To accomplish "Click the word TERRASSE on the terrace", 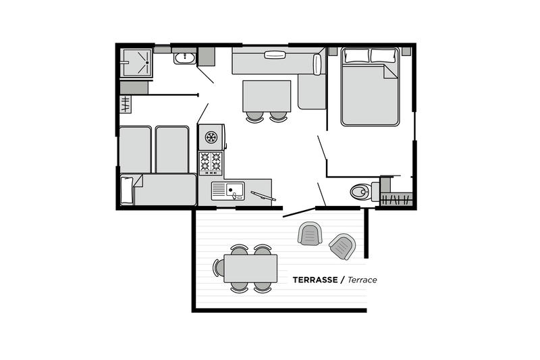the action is (315, 280).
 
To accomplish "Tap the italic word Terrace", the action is (362, 280).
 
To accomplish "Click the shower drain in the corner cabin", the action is (147, 63).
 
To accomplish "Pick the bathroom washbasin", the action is (185, 58).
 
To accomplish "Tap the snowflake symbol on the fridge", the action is (211, 138).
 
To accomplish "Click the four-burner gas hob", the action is (211, 163).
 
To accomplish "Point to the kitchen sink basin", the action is (234, 190).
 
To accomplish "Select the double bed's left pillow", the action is (356, 55).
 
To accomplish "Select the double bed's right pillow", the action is (383, 55).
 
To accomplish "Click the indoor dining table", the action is (267, 96).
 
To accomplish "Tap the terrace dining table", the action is (250, 268).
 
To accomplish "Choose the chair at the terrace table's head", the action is (218, 267).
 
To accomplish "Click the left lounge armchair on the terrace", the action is (310, 233).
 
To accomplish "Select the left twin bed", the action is (136, 149).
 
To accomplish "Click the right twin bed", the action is (172, 149).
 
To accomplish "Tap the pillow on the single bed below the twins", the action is (127, 190).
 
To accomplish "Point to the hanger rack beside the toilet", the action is (396, 199).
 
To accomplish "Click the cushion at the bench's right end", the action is (317, 64).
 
